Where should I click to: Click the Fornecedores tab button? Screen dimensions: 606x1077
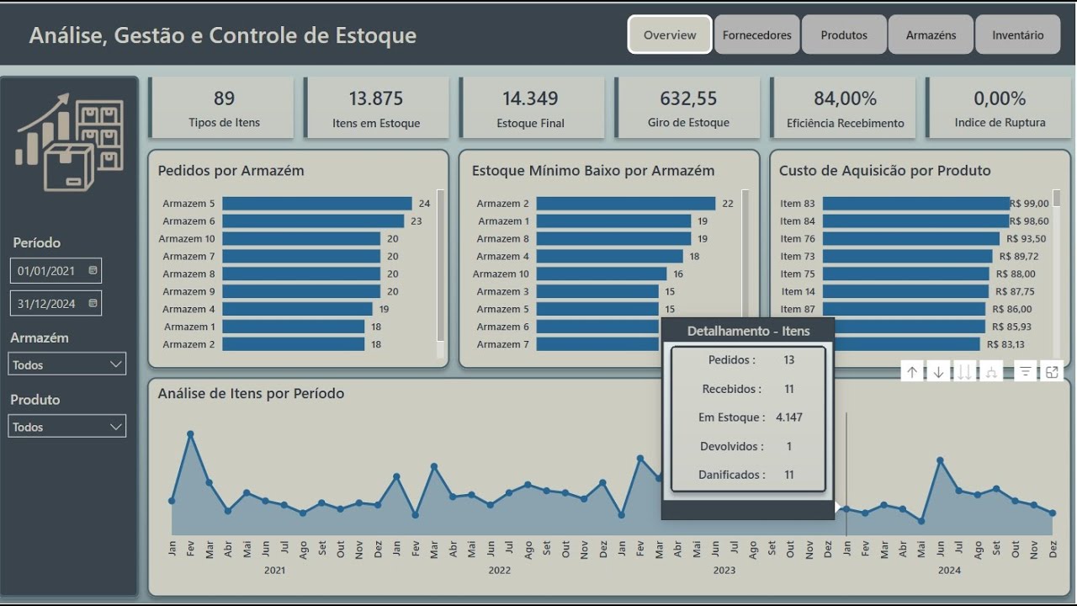pyautogui.click(x=756, y=35)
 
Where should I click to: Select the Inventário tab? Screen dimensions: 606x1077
pyautogui.click(x=1017, y=35)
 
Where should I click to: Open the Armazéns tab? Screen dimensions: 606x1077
pyautogui.click(x=931, y=35)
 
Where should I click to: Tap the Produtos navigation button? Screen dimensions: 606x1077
pyautogui.click(x=844, y=35)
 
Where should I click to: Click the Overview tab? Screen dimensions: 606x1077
pyautogui.click(x=670, y=35)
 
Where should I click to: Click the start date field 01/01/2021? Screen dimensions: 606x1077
pyautogui.click(x=56, y=271)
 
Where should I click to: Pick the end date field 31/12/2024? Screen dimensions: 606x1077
pyautogui.click(x=56, y=304)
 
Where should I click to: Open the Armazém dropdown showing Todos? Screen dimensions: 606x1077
pyautogui.click(x=67, y=364)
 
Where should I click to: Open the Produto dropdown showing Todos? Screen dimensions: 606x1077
pyautogui.click(x=67, y=427)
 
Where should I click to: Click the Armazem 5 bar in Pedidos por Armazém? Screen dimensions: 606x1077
pyautogui.click(x=316, y=204)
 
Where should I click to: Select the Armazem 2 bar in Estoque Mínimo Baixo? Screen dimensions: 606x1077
pyautogui.click(x=625, y=204)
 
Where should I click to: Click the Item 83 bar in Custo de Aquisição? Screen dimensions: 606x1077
pyautogui.click(x=915, y=204)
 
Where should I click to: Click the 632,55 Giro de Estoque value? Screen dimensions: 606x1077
pyautogui.click(x=688, y=99)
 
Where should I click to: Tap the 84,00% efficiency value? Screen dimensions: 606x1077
pyautogui.click(x=845, y=99)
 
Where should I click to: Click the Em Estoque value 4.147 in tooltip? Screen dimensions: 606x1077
pyautogui.click(x=788, y=417)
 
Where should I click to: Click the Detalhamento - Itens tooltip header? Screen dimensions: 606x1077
pyautogui.click(x=748, y=331)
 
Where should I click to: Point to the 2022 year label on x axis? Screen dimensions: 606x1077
pyautogui.click(x=499, y=570)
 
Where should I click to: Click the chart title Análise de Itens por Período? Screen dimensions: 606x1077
pyautogui.click(x=251, y=393)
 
